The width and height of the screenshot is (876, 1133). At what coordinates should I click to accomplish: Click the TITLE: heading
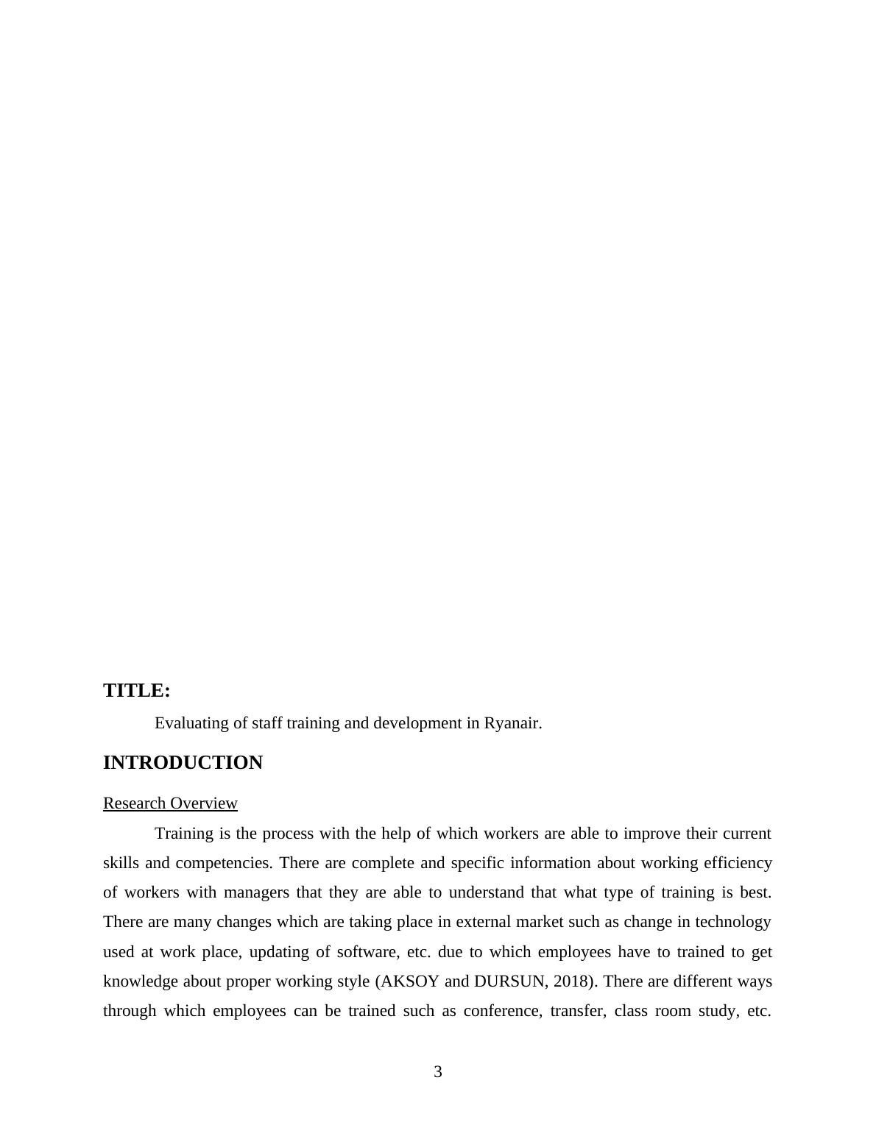click(x=137, y=691)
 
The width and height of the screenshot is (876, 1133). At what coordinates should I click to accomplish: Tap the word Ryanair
click(x=512, y=723)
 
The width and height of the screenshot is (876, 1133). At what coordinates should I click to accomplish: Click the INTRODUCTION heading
click(x=183, y=763)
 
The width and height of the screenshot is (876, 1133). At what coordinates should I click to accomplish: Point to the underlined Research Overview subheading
click(x=170, y=803)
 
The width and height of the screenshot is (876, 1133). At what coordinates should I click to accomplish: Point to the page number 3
click(x=438, y=1072)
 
